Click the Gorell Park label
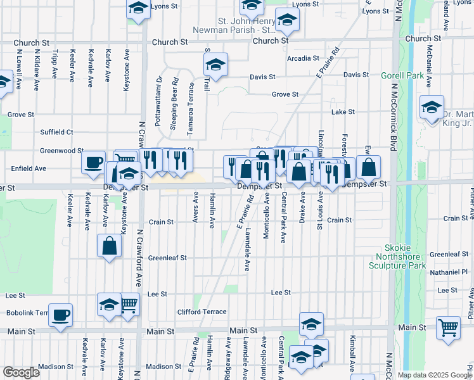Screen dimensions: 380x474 [x=402, y=75]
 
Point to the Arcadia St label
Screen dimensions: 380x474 [x=303, y=58]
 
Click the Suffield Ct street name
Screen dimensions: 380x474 [x=57, y=132]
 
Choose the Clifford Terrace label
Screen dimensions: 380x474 [x=202, y=312]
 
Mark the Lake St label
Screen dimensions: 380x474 [x=343, y=111]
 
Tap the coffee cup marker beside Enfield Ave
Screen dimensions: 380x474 [x=93, y=163]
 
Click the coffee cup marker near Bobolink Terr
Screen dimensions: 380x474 [x=60, y=315]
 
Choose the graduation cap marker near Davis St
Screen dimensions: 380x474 [x=215, y=65]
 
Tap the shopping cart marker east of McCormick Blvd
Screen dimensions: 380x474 [x=448, y=327]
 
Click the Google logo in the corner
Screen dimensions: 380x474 [x=21, y=372]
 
